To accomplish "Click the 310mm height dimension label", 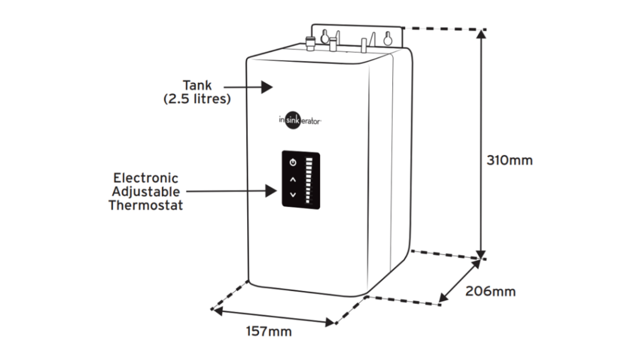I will click(509, 160).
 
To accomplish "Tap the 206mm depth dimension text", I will click(490, 291).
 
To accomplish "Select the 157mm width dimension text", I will click(269, 331).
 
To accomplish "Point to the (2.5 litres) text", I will click(197, 99).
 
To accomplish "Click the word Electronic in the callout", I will click(145, 178).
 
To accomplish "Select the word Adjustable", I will click(145, 192).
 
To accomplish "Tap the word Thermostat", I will click(145, 205).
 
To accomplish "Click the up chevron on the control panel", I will click(293, 180).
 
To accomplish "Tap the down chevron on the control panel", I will click(293, 195).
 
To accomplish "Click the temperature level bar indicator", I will click(309, 180).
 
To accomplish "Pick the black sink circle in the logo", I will click(293, 120).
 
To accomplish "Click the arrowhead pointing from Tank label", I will click(268, 87).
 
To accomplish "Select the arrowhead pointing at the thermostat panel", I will click(271, 191).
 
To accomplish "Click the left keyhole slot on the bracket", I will click(324, 37).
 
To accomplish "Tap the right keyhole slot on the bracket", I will click(387, 38).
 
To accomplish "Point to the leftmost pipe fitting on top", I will click(310, 44).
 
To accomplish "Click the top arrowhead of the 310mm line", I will click(481, 34).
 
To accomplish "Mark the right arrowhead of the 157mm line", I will click(330, 322).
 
